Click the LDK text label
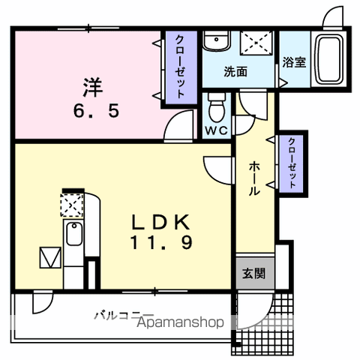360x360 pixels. (x=163, y=223)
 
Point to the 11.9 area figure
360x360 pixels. (x=163, y=243)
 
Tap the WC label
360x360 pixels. (x=217, y=128)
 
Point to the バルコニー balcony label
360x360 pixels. (x=124, y=315)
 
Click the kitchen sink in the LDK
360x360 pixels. (x=73, y=236)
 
